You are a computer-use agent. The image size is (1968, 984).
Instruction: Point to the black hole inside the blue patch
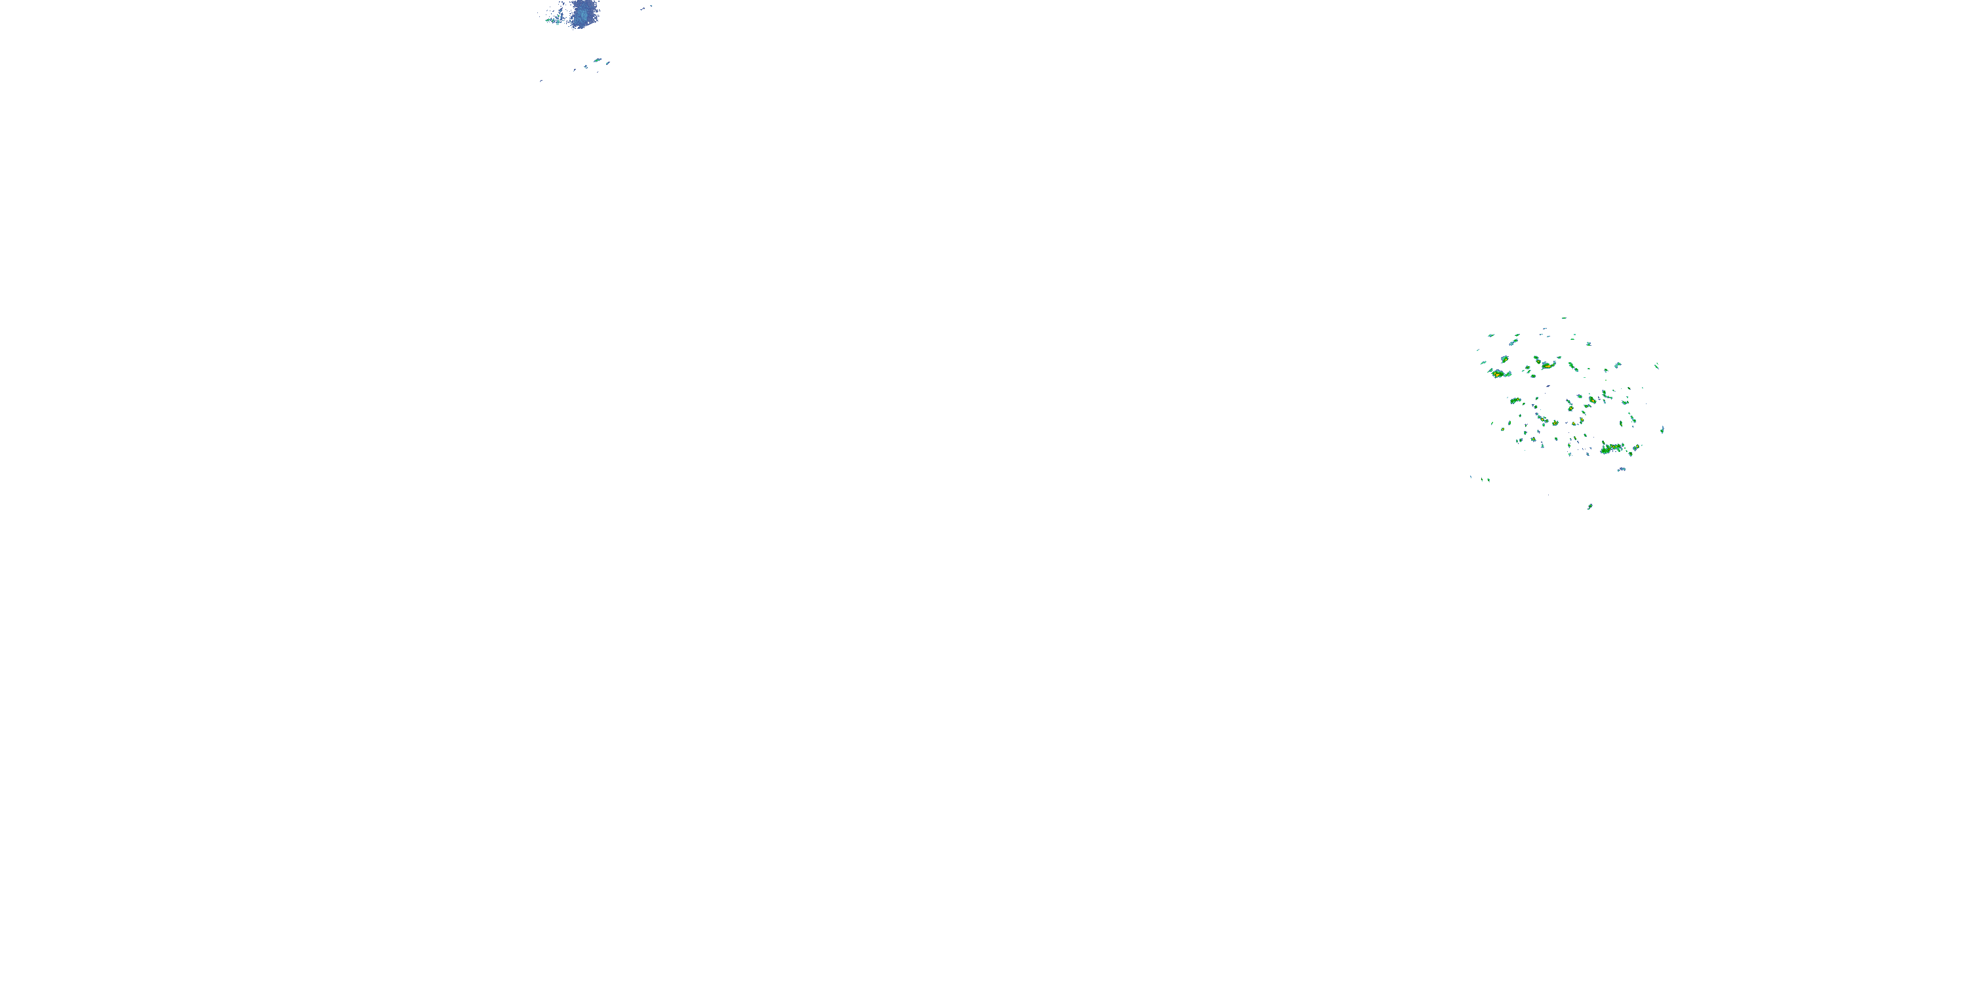click(x=589, y=23)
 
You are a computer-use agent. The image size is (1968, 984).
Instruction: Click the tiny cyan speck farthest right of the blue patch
click(x=651, y=6)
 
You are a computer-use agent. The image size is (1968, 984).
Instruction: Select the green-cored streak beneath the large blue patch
click(x=598, y=60)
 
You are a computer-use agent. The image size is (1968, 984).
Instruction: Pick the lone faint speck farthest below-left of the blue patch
click(x=542, y=81)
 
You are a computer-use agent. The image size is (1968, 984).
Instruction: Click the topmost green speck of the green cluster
click(x=1564, y=319)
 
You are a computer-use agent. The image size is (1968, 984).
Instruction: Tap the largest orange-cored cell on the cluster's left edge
click(x=1498, y=375)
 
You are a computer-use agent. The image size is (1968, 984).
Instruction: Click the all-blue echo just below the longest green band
click(x=1622, y=470)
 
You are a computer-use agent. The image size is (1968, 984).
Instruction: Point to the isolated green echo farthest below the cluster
click(x=1590, y=506)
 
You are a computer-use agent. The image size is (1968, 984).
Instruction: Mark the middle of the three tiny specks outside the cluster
click(x=1482, y=480)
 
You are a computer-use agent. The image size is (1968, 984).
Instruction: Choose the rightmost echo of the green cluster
click(x=1662, y=430)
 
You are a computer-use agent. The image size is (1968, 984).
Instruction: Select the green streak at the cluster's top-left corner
click(x=1491, y=336)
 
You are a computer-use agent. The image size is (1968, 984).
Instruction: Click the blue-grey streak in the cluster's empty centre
click(x=1549, y=386)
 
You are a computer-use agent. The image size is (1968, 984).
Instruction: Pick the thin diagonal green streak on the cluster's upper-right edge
click(x=1657, y=367)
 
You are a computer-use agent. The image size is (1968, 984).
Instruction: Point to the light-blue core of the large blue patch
click(x=583, y=15)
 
